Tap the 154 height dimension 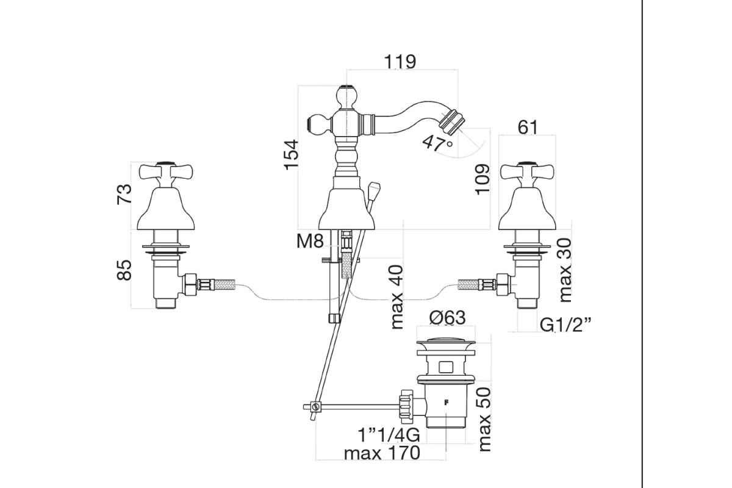(x=292, y=154)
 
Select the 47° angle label (x=437, y=143)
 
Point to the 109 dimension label (x=483, y=179)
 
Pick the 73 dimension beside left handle (x=124, y=194)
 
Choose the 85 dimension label (x=124, y=270)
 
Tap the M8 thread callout (x=310, y=242)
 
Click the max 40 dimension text (x=397, y=297)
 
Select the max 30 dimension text (x=565, y=270)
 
